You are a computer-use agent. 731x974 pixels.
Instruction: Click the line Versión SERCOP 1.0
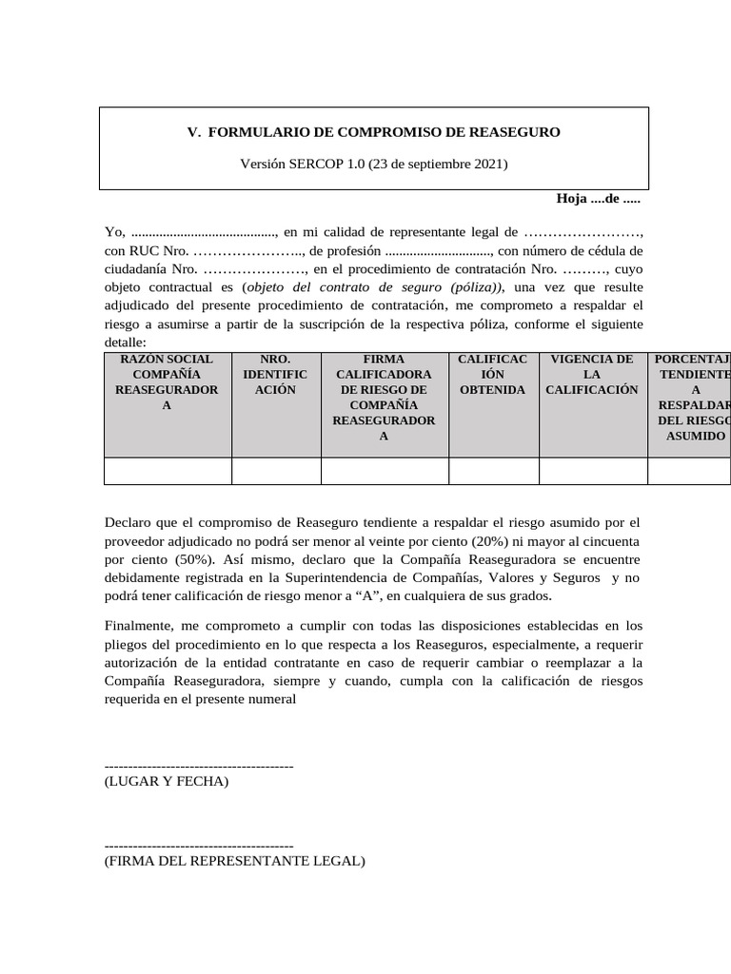[x=374, y=164]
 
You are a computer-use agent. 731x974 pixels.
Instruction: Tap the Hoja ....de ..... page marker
[x=598, y=199]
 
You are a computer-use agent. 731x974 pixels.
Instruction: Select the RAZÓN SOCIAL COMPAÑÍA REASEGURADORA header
[x=168, y=382]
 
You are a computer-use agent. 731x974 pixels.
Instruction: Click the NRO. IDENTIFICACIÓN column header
[x=276, y=375]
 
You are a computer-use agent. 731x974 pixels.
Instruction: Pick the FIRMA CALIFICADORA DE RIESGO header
[x=385, y=398]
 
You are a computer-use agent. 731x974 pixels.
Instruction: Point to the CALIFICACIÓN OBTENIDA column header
[x=492, y=375]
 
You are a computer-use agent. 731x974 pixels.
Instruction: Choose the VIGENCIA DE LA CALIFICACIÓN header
[x=591, y=375]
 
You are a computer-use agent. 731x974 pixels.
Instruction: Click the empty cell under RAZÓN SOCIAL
[x=168, y=471]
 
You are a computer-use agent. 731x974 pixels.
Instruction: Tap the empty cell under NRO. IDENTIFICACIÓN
[x=276, y=471]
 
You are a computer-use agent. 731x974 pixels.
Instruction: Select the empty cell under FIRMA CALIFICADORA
[x=385, y=471]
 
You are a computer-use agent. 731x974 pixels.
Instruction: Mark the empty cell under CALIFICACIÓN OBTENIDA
[x=492, y=471]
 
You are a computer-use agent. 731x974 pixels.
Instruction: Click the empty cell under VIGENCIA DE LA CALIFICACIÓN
[x=591, y=471]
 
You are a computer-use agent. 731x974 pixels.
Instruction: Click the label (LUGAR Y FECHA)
[x=167, y=782]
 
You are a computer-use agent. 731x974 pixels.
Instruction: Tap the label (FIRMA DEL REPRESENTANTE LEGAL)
[x=234, y=861]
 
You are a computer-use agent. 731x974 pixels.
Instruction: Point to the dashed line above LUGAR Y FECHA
[x=198, y=766]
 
